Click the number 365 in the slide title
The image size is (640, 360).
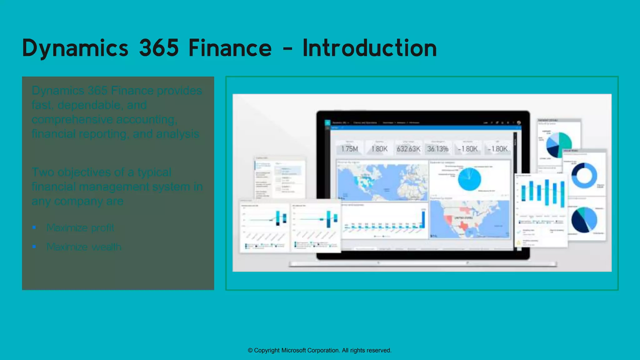click(159, 48)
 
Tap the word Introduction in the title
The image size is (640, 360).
click(369, 48)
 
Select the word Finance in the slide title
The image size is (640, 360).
click(230, 48)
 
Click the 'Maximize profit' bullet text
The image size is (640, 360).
click(80, 228)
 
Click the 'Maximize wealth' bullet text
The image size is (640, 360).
click(84, 247)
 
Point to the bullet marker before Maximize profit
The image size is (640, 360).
click(34, 227)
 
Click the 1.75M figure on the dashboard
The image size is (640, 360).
click(349, 149)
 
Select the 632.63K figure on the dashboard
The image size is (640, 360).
click(408, 149)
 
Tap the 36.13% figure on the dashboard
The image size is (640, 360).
click(438, 149)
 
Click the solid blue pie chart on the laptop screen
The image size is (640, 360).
click(469, 179)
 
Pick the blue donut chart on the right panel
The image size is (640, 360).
click(584, 175)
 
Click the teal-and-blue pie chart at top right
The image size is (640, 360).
click(559, 144)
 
